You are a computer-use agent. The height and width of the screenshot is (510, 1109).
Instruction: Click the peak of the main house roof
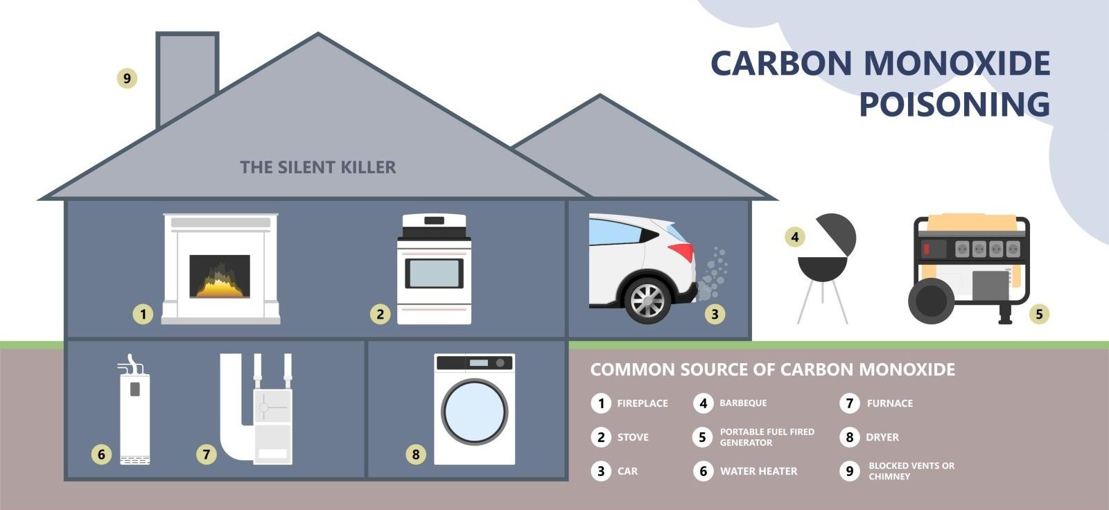[x=318, y=34]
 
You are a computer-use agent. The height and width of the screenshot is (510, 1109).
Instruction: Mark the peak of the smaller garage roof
[x=600, y=95]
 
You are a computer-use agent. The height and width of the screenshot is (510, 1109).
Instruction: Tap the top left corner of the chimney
[x=157, y=33]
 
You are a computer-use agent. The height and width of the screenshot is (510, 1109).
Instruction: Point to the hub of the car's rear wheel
[x=647, y=301]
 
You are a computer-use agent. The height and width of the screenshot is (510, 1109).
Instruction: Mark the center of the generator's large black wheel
[x=932, y=301]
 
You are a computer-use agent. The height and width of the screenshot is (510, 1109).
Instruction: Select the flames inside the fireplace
[x=220, y=281]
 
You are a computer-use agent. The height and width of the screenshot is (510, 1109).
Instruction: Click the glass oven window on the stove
[x=434, y=273]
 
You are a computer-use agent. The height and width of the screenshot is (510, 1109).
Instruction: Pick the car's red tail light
[x=683, y=252]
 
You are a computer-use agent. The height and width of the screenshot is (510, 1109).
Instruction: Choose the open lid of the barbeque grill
[x=837, y=234]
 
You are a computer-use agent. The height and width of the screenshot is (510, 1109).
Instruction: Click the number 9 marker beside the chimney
[x=128, y=78]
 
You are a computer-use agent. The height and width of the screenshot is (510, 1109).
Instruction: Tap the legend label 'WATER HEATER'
[x=758, y=471]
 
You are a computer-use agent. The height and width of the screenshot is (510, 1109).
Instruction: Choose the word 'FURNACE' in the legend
[x=890, y=403]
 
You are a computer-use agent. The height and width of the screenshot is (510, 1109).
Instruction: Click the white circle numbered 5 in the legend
[x=703, y=437]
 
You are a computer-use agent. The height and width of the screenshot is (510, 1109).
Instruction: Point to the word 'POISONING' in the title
[x=954, y=104]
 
